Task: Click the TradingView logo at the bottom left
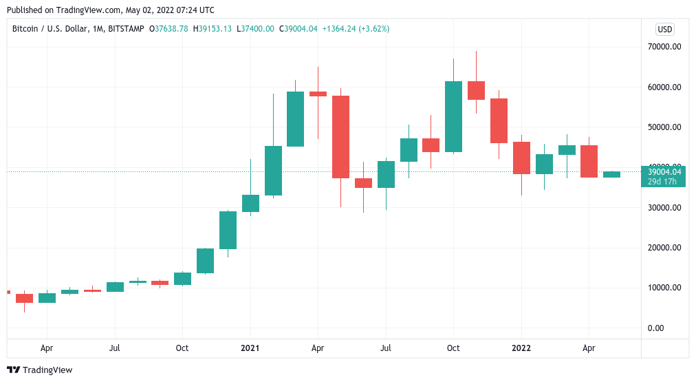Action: [39, 370]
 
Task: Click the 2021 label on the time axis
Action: [250, 348]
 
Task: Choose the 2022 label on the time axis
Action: [521, 348]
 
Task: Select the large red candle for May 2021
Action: [340, 137]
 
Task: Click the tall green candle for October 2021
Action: [453, 116]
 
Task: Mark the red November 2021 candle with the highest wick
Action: [476, 90]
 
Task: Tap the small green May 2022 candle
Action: [611, 175]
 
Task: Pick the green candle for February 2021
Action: [273, 170]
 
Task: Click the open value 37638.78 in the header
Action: [172, 29]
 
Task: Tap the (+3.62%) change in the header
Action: [372, 29]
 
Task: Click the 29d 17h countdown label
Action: [663, 182]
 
